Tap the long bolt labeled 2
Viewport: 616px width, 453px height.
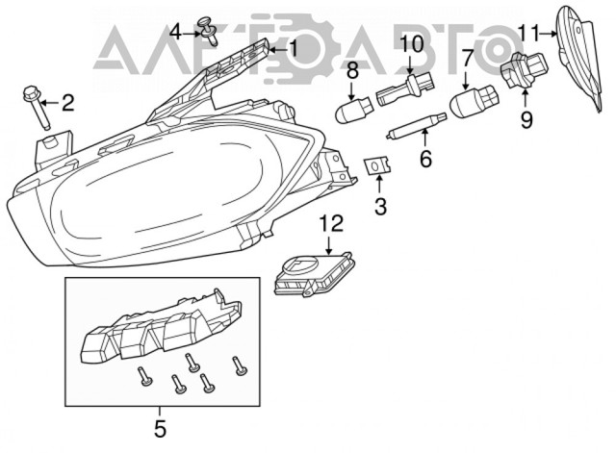pyautogui.click(x=37, y=107)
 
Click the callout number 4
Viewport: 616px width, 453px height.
pyautogui.click(x=175, y=32)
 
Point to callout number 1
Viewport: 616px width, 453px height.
pyautogui.click(x=294, y=49)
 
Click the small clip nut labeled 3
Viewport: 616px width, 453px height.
pyautogui.click(x=377, y=165)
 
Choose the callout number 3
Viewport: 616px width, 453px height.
pyautogui.click(x=380, y=207)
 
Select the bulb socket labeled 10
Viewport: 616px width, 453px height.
pyautogui.click(x=406, y=89)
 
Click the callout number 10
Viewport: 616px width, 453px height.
pyautogui.click(x=412, y=44)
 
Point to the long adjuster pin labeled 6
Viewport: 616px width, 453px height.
pyautogui.click(x=416, y=125)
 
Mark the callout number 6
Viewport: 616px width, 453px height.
pyautogui.click(x=425, y=159)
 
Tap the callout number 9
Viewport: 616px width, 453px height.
pyautogui.click(x=526, y=119)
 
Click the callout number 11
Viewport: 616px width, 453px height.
pyautogui.click(x=527, y=33)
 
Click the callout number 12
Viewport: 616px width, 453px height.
pyautogui.click(x=331, y=224)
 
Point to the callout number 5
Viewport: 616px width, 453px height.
pyautogui.click(x=160, y=429)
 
